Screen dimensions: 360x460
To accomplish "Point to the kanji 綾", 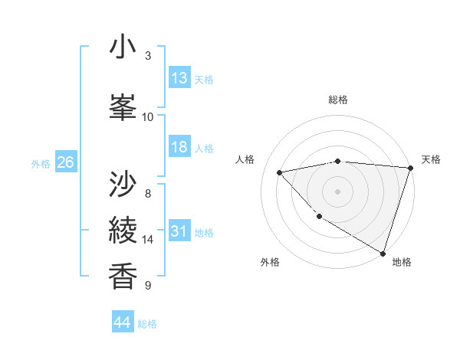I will point(123,230).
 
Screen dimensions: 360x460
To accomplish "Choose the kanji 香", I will point(123,276).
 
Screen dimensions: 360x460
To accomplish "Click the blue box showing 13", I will point(179,78).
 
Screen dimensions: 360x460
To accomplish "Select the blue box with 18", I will point(179,147).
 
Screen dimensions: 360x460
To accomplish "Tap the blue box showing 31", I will point(179,231).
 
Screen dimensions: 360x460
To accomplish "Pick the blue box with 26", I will point(65,162).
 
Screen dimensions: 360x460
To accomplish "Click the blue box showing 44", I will point(123,322).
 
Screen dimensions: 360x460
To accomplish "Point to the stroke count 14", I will point(148,240).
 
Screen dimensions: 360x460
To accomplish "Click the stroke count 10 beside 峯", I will point(148,116).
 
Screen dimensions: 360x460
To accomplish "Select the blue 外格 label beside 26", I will point(41,163).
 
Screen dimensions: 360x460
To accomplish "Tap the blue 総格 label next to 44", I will point(147,323).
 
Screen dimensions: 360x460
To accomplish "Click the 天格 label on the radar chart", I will point(431,159).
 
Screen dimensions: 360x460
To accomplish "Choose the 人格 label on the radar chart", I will point(245,159).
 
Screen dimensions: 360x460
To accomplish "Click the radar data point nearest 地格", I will point(383,252).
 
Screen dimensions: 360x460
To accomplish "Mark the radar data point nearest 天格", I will point(410,168).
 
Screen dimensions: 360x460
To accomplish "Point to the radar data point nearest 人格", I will point(280,172).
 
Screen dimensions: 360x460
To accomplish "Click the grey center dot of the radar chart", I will point(337,191).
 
